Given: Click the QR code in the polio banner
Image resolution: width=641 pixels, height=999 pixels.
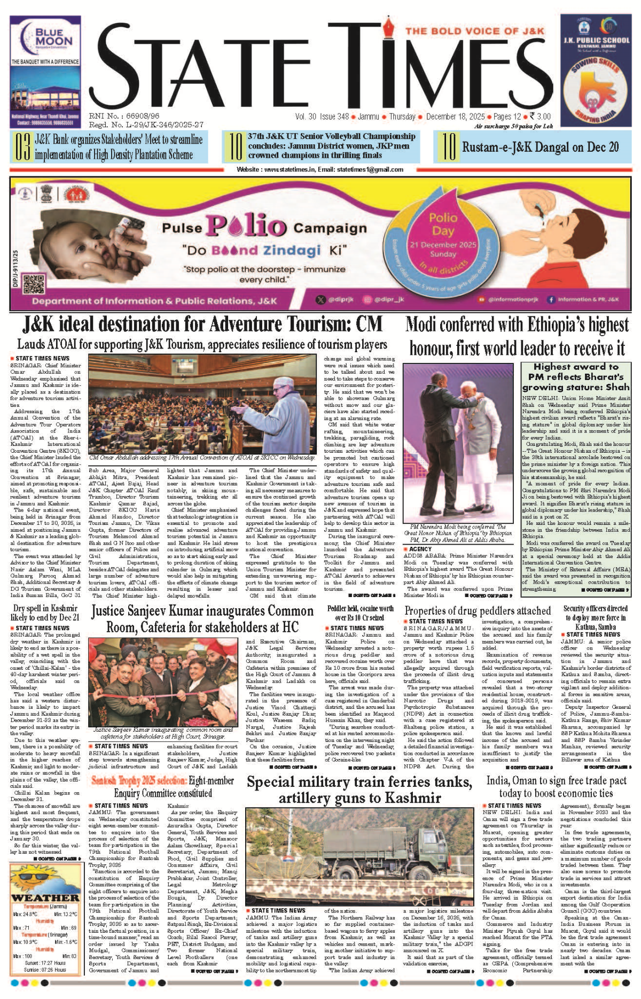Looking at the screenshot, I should point(33,284).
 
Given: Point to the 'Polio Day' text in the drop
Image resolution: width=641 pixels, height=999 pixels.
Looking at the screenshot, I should point(443,224).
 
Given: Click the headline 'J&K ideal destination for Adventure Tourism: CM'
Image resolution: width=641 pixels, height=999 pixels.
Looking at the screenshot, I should point(202,324).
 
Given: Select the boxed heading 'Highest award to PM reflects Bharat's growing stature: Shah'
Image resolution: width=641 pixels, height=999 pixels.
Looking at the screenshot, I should point(576,377).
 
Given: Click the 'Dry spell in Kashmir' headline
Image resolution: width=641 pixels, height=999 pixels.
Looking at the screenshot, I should point(45,613).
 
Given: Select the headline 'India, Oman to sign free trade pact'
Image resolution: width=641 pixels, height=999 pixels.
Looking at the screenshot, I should point(556,787).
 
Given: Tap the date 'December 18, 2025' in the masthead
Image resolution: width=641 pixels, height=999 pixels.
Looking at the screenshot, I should point(455,117).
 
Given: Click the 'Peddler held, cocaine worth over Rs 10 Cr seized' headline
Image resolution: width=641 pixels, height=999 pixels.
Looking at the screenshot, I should point(360,613).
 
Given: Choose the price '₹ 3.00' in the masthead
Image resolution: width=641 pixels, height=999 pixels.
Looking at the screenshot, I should point(540,117).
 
